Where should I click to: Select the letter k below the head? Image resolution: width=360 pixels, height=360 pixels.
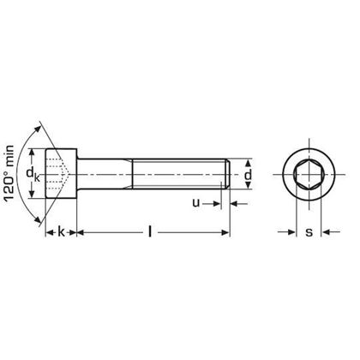[61, 231]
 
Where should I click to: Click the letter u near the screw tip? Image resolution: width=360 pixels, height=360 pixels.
[196, 204]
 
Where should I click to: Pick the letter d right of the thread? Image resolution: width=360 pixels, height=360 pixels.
[247, 177]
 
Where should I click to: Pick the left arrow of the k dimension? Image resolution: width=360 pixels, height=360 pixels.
[49, 231]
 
